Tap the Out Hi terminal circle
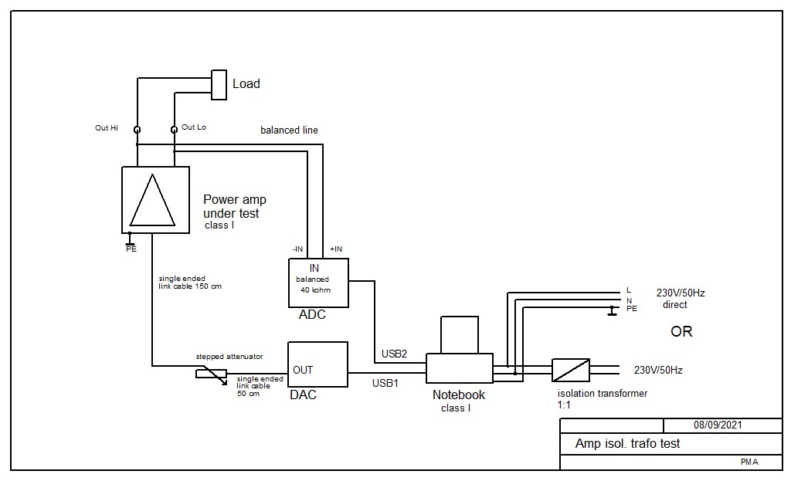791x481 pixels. click(137, 130)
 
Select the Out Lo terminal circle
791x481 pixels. click(174, 130)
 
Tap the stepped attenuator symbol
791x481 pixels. click(212, 374)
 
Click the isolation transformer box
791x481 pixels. click(571, 370)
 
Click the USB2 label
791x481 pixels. click(394, 354)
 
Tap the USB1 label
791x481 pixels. click(385, 383)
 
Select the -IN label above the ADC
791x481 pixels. click(297, 249)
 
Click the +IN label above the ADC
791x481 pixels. click(336, 249)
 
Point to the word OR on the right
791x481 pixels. click(681, 331)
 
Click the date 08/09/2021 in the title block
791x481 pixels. click(718, 425)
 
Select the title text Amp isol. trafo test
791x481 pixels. click(627, 443)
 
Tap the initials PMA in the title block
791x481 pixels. click(749, 462)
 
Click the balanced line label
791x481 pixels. click(289, 130)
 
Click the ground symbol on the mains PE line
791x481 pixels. click(612, 310)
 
